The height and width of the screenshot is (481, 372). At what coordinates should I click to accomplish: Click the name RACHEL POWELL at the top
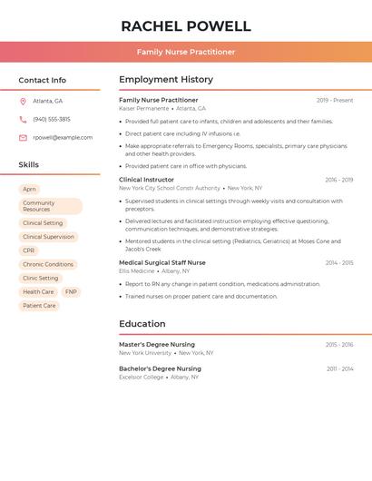coord(186,25)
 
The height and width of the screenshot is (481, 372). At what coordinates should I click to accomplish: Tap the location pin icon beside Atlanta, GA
coord(23,101)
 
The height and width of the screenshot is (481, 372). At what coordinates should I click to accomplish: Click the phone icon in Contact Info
coord(23,119)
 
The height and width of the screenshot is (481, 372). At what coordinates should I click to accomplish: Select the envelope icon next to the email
coord(23,138)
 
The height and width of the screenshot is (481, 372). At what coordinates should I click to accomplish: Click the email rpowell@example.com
coord(63,138)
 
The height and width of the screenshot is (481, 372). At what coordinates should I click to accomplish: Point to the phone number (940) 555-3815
coord(52,119)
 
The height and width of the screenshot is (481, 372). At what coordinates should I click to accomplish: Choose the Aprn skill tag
coord(30,189)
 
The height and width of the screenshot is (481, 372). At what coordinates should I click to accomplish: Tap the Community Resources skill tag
coord(50,206)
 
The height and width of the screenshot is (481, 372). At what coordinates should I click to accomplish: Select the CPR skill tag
coord(29,250)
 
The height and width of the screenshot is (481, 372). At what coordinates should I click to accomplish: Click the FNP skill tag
coord(71,291)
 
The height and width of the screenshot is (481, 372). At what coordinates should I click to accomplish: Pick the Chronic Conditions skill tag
coord(48,264)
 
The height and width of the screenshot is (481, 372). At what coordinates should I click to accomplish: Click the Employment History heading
coord(166,80)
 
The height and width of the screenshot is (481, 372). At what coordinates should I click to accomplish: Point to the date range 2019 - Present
coord(335,100)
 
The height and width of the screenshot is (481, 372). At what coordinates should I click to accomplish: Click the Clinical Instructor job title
coord(146,180)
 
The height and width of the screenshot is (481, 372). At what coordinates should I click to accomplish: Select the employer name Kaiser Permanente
coord(143,108)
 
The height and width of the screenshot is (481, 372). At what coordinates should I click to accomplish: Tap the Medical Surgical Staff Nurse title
coord(162,262)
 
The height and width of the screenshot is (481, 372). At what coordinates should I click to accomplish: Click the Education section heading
coord(142,324)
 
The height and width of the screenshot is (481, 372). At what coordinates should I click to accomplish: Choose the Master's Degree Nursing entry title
coord(157,345)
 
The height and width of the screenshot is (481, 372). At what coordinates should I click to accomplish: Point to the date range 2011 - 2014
coord(339,368)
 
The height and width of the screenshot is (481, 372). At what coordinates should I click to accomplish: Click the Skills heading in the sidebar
coord(29,165)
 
